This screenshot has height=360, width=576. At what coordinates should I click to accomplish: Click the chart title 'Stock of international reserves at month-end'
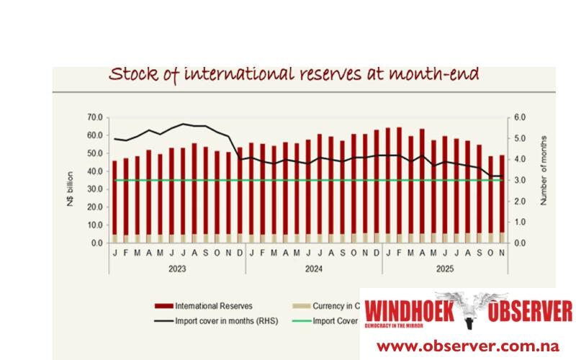coord(293,74)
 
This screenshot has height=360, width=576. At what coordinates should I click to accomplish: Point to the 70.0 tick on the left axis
coord(94,117)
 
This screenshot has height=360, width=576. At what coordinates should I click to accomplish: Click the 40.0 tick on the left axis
coord(94,171)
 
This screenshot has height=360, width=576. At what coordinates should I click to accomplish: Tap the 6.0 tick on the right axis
coord(519,117)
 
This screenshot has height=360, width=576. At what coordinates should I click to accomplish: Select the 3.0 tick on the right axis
coord(519,180)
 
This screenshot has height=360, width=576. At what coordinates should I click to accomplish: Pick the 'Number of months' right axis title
coord(544,170)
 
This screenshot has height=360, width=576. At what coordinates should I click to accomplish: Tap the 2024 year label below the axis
coord(313,269)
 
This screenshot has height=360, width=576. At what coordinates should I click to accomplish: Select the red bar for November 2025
coord(503,194)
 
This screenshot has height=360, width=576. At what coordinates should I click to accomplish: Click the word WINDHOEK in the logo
coord(400,312)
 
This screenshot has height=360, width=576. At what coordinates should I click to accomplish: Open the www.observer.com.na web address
coord(467,345)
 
